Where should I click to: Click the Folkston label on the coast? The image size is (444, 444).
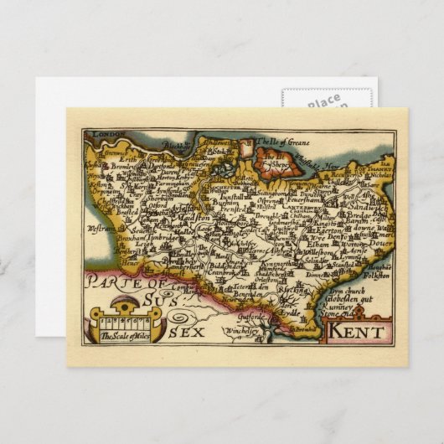click(378, 274)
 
